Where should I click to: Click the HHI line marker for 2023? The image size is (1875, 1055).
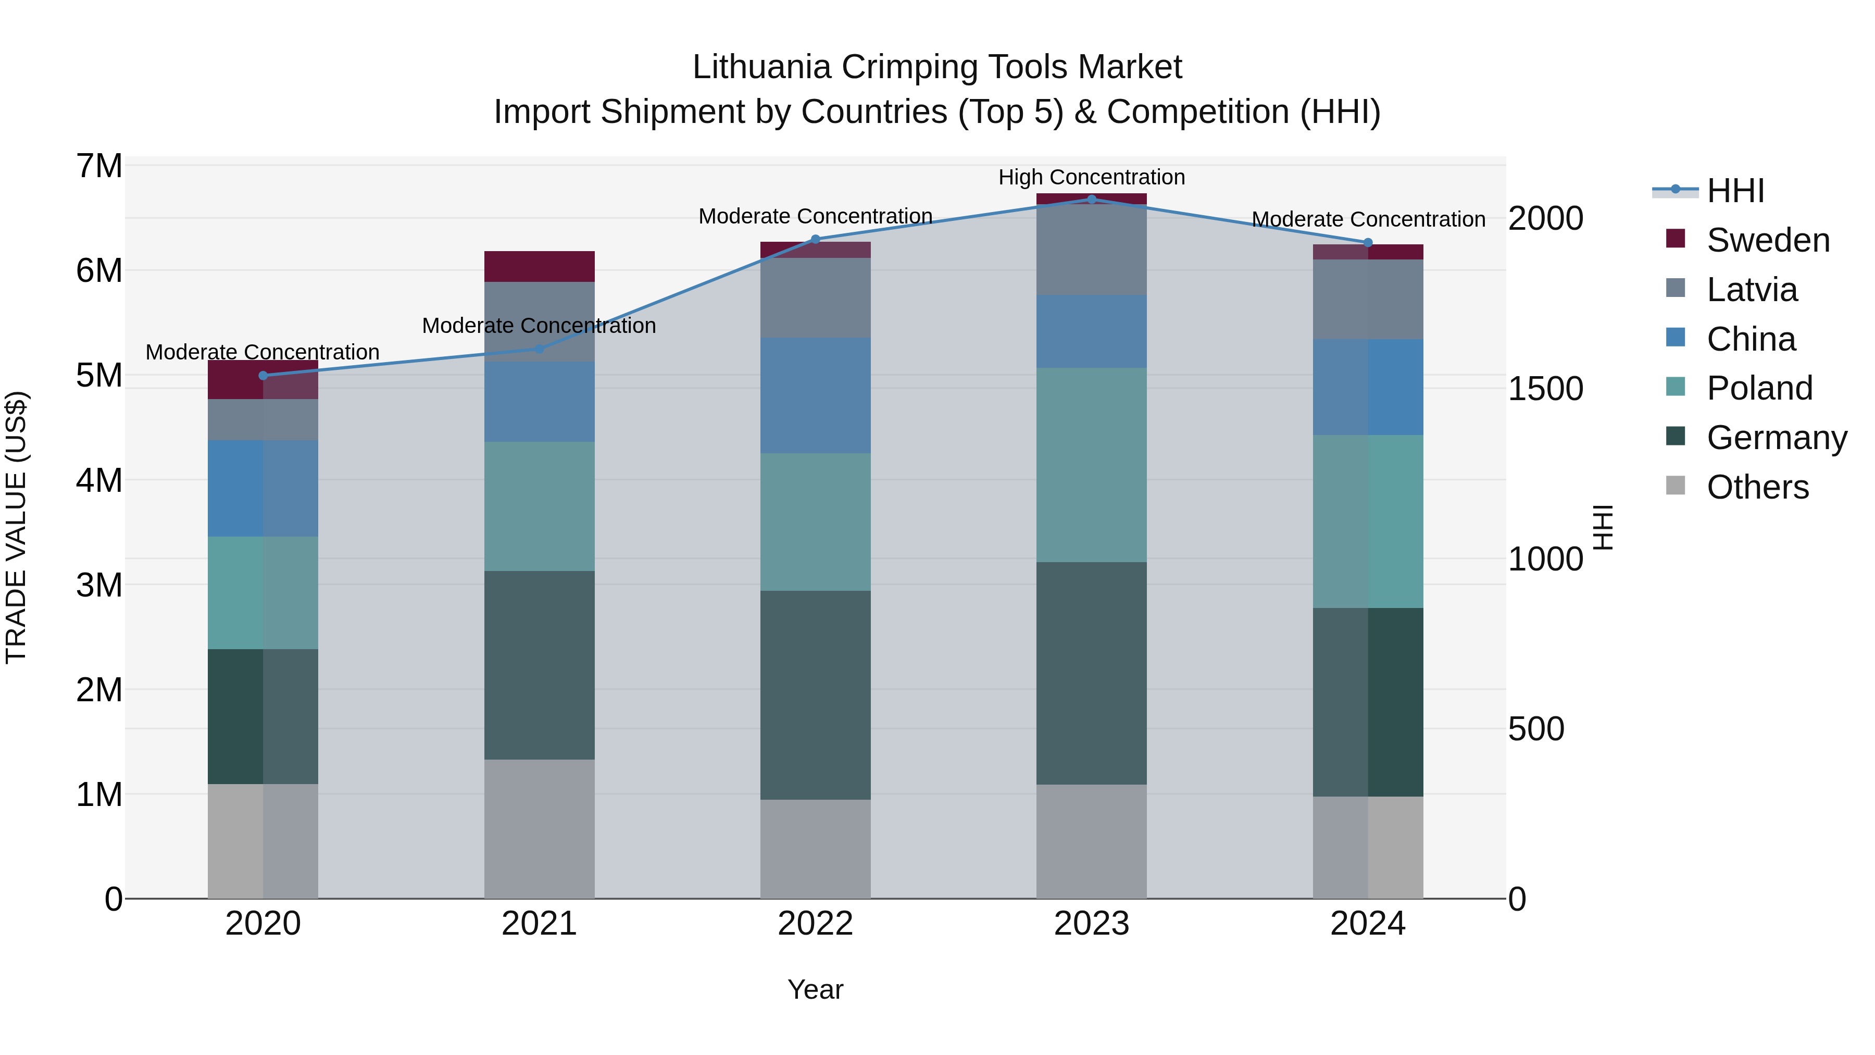point(1091,199)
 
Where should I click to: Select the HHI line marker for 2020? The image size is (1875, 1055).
point(264,376)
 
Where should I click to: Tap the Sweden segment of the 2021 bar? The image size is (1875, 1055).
point(540,266)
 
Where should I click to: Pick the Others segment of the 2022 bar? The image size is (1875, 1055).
point(815,849)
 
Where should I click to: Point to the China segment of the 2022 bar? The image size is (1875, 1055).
point(815,395)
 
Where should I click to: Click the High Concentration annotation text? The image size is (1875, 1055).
point(1091,177)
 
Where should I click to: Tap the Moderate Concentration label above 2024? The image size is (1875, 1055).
point(1368,219)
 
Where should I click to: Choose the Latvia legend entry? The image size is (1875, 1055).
point(1751,290)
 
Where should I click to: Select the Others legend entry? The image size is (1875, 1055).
point(1757,487)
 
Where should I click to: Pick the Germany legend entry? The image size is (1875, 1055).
point(1776,438)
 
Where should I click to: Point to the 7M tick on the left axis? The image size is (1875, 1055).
point(99,166)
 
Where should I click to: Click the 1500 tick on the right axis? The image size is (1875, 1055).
point(1545,389)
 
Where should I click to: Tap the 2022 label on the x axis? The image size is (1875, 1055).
point(815,924)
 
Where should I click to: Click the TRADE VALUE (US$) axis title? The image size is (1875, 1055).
point(16,527)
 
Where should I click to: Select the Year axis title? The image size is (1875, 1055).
point(815,989)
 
